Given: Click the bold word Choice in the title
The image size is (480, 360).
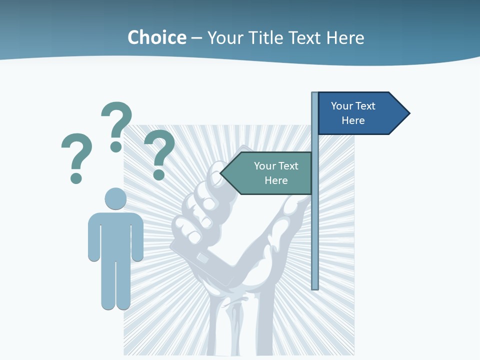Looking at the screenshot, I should point(156,37).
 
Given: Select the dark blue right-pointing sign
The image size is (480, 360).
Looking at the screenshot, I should point(360,113).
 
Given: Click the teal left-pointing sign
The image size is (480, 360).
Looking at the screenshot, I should point(270,173).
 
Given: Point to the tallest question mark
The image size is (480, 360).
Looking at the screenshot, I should point(116,125).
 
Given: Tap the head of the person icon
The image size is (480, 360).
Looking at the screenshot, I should point(115,198).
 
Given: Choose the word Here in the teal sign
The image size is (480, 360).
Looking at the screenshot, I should point(276,180).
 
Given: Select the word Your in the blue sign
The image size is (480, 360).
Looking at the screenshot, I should point(342,106).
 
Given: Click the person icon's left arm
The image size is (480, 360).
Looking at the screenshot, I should point(94,237).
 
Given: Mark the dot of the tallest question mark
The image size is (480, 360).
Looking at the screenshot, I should point(116,146).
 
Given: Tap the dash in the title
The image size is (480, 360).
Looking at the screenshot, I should point(196,38).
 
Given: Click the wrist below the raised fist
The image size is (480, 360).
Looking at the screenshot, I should point(235,320).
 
